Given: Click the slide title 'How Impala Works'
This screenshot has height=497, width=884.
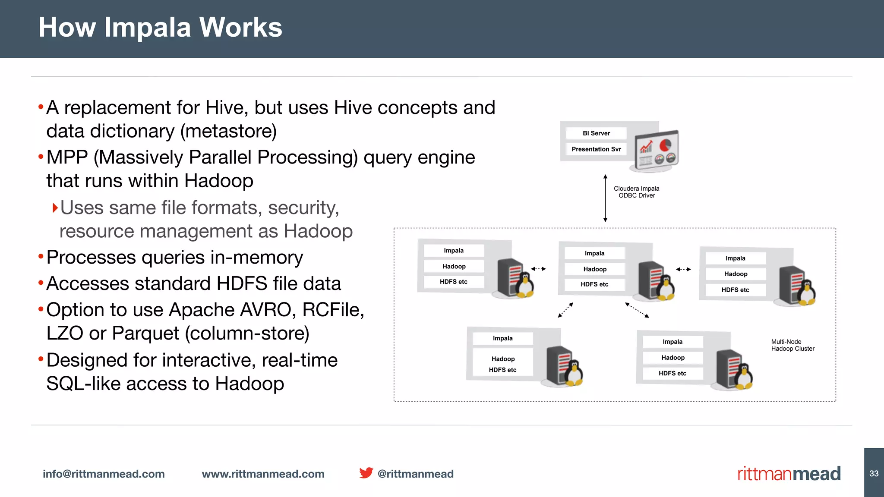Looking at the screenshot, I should click(160, 28).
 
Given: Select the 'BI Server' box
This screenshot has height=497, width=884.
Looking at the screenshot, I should click(596, 133).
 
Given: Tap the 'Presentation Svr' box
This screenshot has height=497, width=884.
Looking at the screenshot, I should click(596, 149).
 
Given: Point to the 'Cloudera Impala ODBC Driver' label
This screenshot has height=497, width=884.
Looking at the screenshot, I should click(637, 192).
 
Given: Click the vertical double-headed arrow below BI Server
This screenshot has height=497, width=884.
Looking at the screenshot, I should click(605, 198).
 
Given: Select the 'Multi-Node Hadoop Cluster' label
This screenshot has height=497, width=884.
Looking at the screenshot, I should click(792, 345).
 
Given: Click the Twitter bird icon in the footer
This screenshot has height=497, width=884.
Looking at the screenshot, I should click(366, 473).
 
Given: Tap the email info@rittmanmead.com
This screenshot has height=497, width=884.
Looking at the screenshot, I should click(104, 474).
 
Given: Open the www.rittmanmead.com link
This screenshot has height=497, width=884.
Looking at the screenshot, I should click(263, 474).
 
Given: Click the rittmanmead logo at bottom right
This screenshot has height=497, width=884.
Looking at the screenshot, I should click(789, 474).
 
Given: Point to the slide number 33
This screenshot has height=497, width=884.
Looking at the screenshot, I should click(874, 473).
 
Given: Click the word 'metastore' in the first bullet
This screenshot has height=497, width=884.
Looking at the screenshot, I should click(228, 132).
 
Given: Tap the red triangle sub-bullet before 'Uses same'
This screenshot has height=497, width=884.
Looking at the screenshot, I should click(55, 208).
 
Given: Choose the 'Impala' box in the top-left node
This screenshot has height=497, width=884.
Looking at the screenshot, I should click(454, 251).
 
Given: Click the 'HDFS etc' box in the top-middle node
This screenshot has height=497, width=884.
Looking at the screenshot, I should click(594, 284).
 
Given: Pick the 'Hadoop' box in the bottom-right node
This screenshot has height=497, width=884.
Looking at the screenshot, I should click(672, 358).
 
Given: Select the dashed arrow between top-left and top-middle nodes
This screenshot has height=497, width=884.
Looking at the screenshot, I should click(538, 269).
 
